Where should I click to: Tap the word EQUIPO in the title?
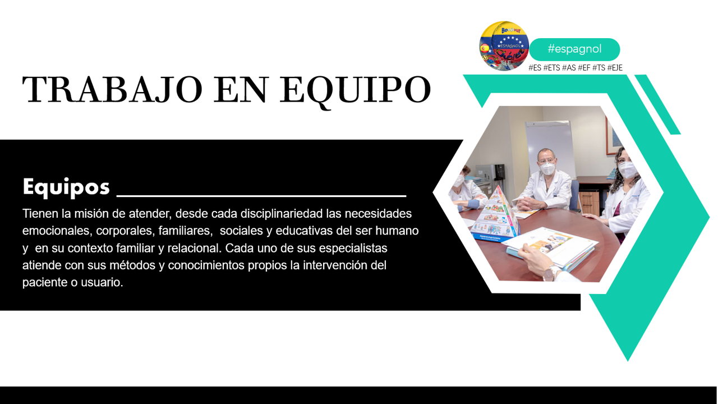[356, 92]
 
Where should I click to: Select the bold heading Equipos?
[66, 187]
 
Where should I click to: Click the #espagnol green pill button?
[574, 49]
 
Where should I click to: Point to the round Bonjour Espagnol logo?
[504, 46]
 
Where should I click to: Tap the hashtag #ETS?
[551, 68]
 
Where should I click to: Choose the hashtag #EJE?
[615, 68]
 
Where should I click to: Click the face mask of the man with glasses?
[547, 169]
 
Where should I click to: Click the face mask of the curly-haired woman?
[627, 169]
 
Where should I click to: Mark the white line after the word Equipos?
[261, 195]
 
